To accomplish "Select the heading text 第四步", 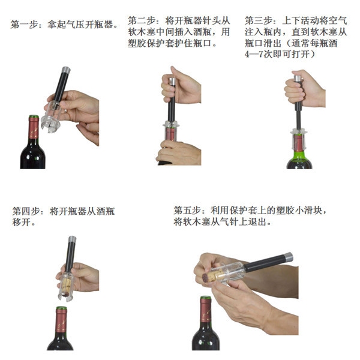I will pyautogui.click(x=25, y=211).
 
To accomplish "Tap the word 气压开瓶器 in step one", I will pyautogui.click(x=94, y=26).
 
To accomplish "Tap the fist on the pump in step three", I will pyautogui.click(x=301, y=92).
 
